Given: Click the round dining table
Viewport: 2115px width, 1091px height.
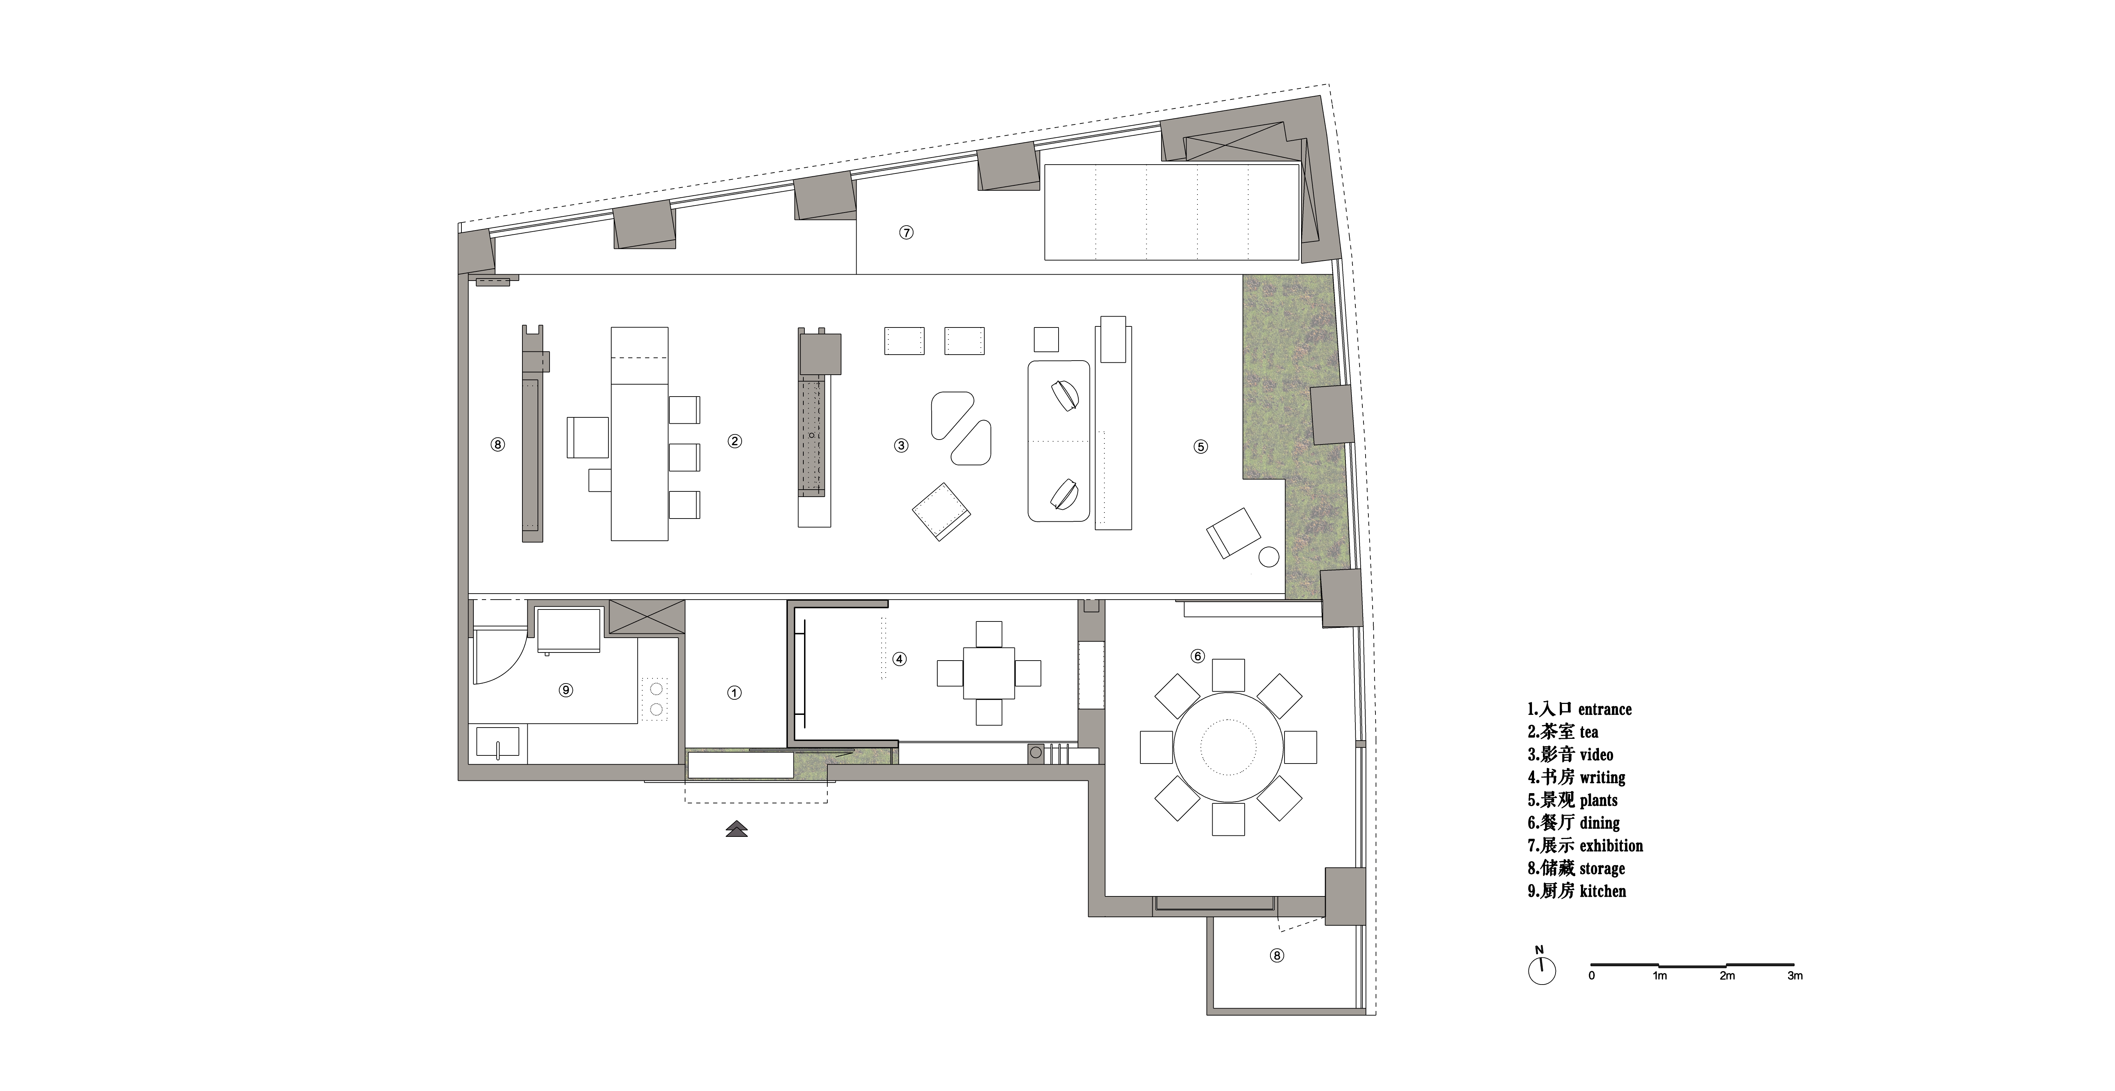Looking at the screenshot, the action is click(x=1228, y=747).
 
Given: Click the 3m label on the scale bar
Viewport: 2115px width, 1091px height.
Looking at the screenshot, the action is click(x=1795, y=976).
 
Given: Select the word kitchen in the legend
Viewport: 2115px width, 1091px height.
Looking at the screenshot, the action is click(x=1603, y=891).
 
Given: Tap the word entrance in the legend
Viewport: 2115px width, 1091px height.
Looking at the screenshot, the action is click(x=1605, y=709).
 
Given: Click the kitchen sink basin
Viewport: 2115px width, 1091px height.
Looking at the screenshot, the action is click(x=497, y=742).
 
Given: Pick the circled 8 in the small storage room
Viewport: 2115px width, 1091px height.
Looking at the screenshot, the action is click(x=1277, y=956).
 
